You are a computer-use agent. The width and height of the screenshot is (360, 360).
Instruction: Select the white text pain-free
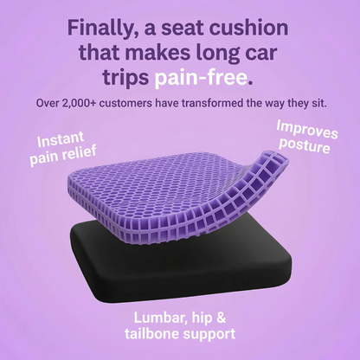[203, 78]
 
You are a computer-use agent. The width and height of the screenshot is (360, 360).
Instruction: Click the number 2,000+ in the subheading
[79, 104]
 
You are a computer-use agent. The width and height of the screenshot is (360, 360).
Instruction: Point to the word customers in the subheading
[125, 103]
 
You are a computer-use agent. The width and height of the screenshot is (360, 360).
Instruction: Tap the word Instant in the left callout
[61, 140]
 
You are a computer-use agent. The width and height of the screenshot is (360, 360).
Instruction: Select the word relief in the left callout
[80, 153]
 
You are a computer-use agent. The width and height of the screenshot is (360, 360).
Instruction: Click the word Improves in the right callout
[307, 130]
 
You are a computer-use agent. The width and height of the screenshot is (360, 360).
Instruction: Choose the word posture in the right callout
[305, 145]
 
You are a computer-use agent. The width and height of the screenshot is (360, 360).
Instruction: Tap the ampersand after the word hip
[221, 318]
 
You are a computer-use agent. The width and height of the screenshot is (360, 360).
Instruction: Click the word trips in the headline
[125, 78]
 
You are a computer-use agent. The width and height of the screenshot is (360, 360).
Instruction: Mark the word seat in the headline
[183, 29]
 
